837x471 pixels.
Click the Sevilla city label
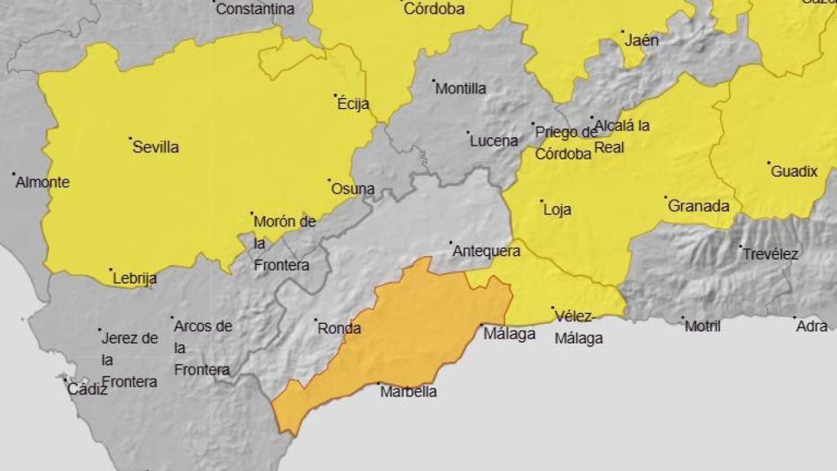click(x=156, y=148)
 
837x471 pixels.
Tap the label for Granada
click(x=699, y=207)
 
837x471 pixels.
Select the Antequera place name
click(x=486, y=251)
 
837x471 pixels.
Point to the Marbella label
click(x=409, y=392)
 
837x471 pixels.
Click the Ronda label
click(x=339, y=329)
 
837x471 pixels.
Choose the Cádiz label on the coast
click(x=87, y=390)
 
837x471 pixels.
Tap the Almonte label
click(x=43, y=182)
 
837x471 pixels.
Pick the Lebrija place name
click(x=135, y=279)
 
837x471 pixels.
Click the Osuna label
click(x=353, y=189)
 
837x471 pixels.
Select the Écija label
click(x=353, y=104)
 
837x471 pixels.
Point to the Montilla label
click(x=461, y=88)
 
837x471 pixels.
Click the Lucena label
click(x=494, y=141)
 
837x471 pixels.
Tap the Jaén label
click(x=642, y=40)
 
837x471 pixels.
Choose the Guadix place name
click(x=794, y=172)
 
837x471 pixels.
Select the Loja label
click(x=557, y=209)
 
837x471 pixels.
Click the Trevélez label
click(x=771, y=254)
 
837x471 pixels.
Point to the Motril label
click(x=703, y=326)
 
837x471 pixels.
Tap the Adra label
click(x=812, y=326)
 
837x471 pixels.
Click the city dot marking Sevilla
click(x=130, y=139)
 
